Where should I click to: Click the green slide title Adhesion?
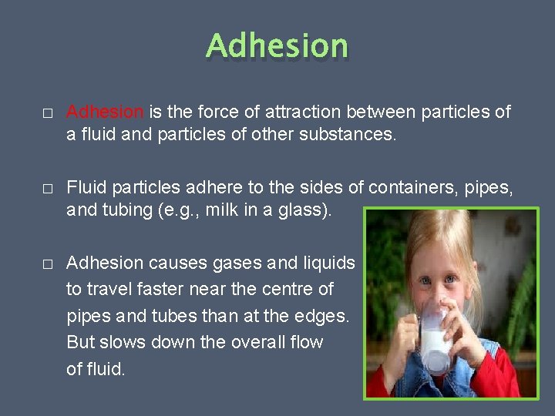(277, 46)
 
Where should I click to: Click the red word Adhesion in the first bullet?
(105, 112)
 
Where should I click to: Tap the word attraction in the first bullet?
(299, 112)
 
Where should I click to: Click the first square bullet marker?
(48, 113)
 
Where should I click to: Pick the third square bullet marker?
(48, 263)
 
